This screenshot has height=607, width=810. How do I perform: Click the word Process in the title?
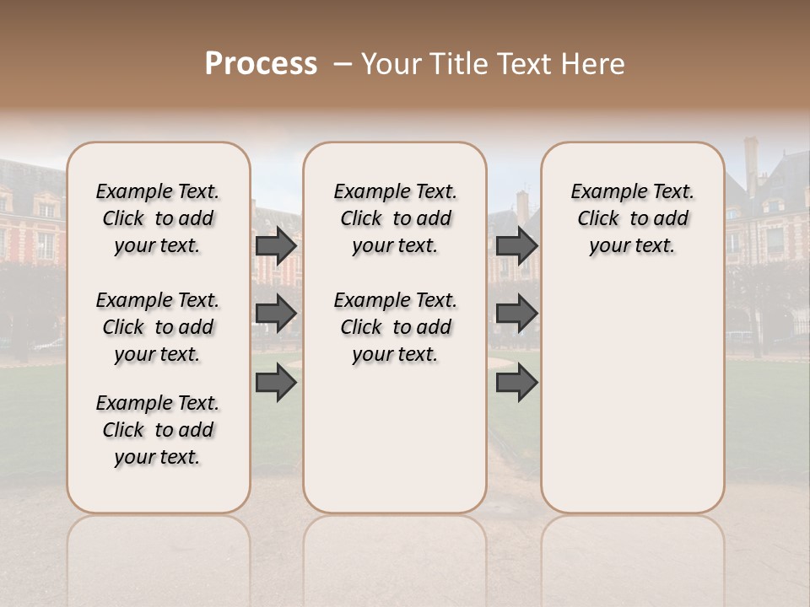(261, 63)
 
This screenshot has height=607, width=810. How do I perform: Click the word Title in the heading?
(456, 64)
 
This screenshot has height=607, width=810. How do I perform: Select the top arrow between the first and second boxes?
(276, 246)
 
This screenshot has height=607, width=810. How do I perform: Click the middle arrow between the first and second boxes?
(276, 314)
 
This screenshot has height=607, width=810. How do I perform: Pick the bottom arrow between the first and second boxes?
(276, 384)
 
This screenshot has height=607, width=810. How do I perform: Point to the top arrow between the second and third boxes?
(516, 246)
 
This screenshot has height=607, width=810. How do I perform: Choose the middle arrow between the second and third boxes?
(516, 314)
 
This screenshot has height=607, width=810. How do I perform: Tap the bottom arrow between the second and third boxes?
(516, 384)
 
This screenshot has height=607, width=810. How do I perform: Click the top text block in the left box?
(158, 218)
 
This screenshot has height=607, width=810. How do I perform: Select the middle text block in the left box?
(158, 327)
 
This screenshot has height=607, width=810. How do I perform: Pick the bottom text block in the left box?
(158, 430)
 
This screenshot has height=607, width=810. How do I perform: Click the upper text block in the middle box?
(395, 218)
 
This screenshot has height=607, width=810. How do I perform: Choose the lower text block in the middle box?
(395, 327)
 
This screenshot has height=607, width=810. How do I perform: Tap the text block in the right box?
(632, 218)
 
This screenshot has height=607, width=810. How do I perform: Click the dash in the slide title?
(343, 64)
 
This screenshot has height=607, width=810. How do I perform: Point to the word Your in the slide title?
(393, 64)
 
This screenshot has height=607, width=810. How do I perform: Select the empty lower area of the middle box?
(395, 438)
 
